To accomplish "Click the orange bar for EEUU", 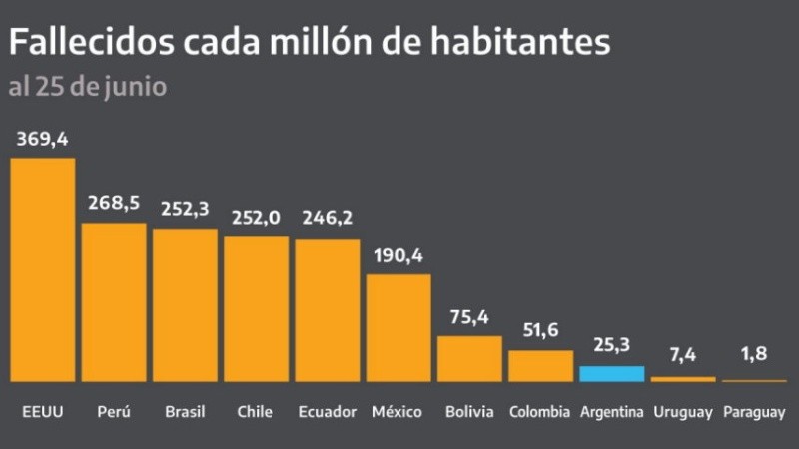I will (42, 269).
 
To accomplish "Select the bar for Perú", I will (113, 302).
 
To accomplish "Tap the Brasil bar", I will (185, 305).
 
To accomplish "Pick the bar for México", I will (399, 327).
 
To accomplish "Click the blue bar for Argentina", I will (612, 374).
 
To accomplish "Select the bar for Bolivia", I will (469, 358).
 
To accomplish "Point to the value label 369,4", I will (42, 140).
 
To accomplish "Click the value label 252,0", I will (257, 219).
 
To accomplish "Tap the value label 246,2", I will (328, 219).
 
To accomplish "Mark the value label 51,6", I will (541, 330).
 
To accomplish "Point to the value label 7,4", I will (683, 355).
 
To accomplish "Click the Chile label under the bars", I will (256, 412).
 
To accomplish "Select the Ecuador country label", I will (328, 412).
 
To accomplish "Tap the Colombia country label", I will (539, 412).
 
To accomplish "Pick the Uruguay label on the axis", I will (683, 412).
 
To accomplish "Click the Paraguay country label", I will (755, 412).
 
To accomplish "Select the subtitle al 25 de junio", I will (87, 87).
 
